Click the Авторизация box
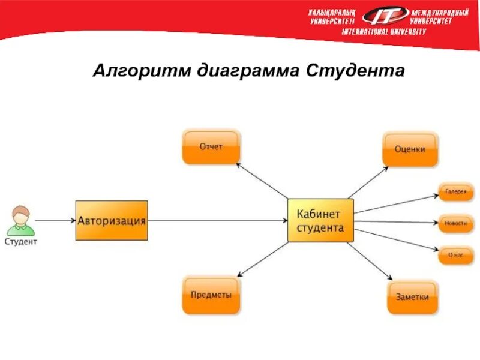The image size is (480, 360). pos(112,220)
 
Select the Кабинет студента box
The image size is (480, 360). pos(320,220)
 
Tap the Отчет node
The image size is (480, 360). pos(211,147)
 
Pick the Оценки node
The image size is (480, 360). pos(410,149)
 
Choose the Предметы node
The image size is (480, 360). pos(211,295)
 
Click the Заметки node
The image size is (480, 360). pos(412,296)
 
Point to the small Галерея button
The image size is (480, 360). pos(456,191)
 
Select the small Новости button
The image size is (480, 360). pos(456,223)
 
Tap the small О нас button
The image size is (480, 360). pos(456,254)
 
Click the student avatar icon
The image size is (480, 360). pos(21,220)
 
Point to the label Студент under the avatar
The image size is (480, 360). pos(21,242)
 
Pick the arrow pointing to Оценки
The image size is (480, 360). pos(368,181)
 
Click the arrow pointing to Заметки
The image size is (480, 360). pos(370,261)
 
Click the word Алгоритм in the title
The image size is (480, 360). pos(140,71)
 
